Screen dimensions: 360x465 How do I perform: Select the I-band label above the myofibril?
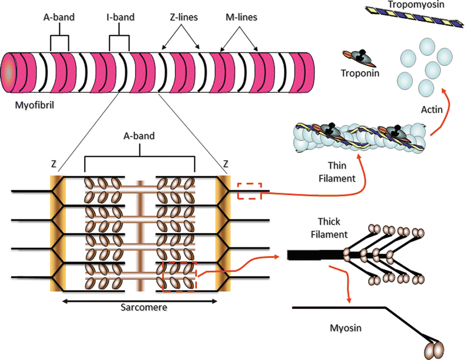[120, 17]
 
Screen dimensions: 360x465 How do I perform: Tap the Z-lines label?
[180, 17]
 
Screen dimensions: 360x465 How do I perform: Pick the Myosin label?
[346, 328]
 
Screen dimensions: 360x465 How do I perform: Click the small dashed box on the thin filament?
[249, 191]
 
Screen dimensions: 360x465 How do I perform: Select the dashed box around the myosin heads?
[180, 276]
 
